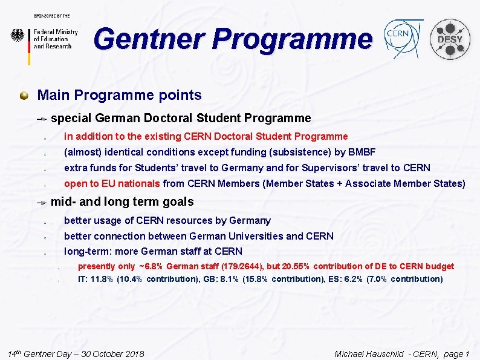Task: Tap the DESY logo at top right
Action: (450, 39)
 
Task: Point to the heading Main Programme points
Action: (119, 95)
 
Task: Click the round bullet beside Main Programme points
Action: (24, 95)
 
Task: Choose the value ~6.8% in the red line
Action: (151, 266)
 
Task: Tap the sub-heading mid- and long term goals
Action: (122, 201)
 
